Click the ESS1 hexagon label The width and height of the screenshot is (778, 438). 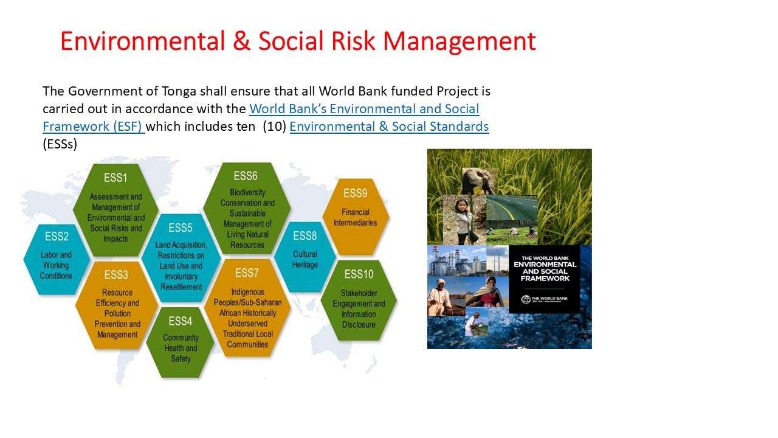click(x=115, y=178)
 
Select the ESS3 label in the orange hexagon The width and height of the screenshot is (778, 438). click(x=116, y=274)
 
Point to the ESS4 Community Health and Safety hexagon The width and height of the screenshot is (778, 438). click(x=181, y=342)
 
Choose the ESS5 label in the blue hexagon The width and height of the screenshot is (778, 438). click(x=181, y=228)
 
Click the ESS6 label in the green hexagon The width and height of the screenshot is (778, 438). click(x=246, y=176)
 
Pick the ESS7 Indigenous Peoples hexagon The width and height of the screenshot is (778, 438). click(x=247, y=308)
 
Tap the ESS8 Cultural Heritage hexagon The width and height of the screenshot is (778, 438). click(x=305, y=257)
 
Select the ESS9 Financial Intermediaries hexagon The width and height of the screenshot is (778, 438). click(x=356, y=217)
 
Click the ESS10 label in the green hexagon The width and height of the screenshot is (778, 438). click(x=359, y=274)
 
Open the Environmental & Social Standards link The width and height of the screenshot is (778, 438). click(x=389, y=127)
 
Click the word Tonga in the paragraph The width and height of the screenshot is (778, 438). click(x=179, y=92)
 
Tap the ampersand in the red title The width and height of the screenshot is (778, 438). click(x=241, y=41)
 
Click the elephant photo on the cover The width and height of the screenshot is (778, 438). click(x=479, y=181)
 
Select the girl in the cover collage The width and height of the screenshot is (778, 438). click(x=464, y=220)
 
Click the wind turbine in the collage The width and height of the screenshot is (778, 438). click(x=498, y=261)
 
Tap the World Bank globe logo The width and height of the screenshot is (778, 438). click(x=526, y=299)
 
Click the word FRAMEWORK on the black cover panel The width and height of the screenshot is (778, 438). click(x=545, y=279)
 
